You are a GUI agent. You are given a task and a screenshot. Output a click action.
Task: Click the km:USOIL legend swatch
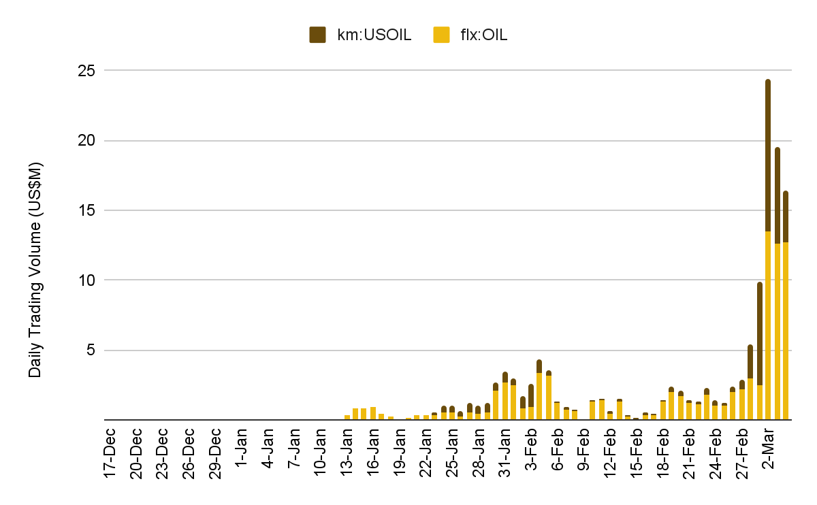(318, 35)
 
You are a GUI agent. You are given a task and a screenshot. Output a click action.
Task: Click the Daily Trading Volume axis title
(35, 270)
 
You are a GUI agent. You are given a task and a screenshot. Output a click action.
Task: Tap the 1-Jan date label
(242, 450)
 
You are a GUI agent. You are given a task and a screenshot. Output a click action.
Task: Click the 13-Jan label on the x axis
(347, 453)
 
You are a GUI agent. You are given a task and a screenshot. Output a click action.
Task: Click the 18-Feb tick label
(662, 453)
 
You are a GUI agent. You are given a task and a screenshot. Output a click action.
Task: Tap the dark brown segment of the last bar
(786, 216)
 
